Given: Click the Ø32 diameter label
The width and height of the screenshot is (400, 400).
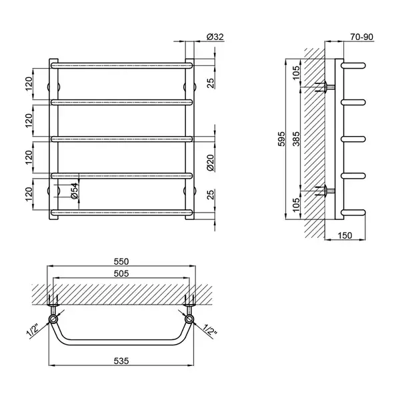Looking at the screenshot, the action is point(215,37).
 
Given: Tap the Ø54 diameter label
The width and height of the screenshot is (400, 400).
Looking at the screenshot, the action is point(74,191).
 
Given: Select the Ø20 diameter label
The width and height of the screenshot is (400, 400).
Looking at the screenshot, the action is point(210,163).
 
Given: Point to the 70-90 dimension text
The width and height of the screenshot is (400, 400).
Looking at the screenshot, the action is point(361,37).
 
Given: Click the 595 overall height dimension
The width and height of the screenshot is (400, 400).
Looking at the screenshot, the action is point(281,139).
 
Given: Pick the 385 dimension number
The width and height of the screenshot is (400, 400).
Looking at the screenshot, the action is point(296,139).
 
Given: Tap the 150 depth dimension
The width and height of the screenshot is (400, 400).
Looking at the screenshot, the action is point(345,235).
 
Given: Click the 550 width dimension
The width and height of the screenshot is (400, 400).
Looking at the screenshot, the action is point(121,261).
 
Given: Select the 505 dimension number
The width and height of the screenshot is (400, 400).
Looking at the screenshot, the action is point(121,273).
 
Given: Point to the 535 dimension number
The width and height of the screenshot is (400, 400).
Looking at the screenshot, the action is point(121,361).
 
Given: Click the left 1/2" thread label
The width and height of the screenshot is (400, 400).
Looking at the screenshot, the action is point(33,331).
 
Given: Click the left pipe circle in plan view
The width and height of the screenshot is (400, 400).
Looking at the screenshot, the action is point(53,319).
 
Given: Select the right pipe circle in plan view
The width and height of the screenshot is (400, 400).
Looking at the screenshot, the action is point(189,319).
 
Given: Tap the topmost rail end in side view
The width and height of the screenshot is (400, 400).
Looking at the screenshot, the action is point(353,65).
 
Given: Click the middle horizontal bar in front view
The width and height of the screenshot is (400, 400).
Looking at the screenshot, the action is point(121,139).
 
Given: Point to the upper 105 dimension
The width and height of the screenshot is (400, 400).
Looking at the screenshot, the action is point(296,73).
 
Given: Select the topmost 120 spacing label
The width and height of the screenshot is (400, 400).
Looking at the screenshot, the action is point(29,84).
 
